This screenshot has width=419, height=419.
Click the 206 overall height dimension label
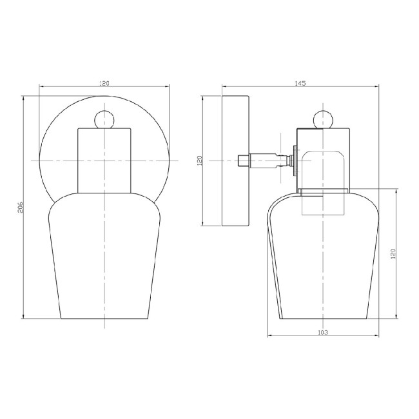click(x=20, y=207)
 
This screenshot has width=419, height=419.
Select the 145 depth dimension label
click(x=300, y=83)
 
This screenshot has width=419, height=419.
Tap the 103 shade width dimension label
click(x=323, y=333)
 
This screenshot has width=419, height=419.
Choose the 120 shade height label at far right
click(x=393, y=253)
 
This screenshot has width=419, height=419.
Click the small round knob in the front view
click(x=104, y=119)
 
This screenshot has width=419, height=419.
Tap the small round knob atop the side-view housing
click(x=323, y=119)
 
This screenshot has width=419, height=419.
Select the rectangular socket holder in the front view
click(x=104, y=160)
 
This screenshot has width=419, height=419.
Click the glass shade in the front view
click(x=104, y=258)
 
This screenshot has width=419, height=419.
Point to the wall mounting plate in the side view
click(x=235, y=161)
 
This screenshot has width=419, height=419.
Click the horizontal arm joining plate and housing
click(x=264, y=159)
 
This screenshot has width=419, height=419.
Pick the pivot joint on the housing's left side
click(x=293, y=159)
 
